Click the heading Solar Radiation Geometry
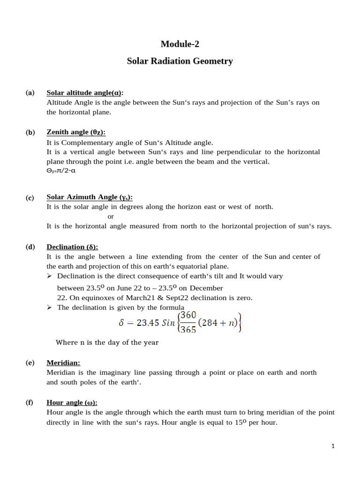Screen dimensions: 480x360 pyautogui.click(x=180, y=61)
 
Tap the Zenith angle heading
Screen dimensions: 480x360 pyautogui.click(x=76, y=132)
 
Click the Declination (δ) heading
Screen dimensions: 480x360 pyautogui.click(x=72, y=247)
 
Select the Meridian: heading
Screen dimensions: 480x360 pyautogui.click(x=63, y=362)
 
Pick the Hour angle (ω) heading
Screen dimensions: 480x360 pyautogui.click(x=72, y=402)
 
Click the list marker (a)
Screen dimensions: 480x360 pyautogui.click(x=30, y=93)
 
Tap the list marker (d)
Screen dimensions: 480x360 pyautogui.click(x=30, y=247)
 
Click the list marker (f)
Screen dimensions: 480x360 pyautogui.click(x=30, y=402)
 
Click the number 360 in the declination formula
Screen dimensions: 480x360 pyautogui.click(x=187, y=315)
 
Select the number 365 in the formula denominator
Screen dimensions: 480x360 pyautogui.click(x=187, y=330)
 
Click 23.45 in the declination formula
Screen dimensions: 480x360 pyautogui.click(x=147, y=323)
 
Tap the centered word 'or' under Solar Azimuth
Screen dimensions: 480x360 pyautogui.click(x=111, y=216)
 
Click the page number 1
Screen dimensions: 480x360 pyautogui.click(x=333, y=446)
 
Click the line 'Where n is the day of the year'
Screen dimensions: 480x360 pyautogui.click(x=107, y=342)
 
